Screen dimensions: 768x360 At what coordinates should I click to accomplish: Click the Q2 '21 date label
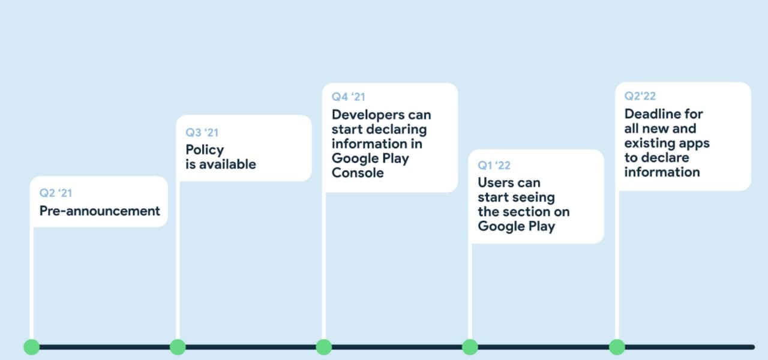56,193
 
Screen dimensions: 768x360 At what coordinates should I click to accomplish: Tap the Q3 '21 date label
202,133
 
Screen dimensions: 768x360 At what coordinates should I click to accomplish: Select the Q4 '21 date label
349,97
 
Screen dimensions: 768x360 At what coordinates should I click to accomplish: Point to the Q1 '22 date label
494,166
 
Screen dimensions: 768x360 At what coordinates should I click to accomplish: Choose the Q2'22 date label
640,96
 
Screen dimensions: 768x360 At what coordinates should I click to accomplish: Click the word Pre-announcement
100,211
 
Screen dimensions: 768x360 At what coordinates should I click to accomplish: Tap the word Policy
205,150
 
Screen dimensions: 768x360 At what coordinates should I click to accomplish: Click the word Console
358,173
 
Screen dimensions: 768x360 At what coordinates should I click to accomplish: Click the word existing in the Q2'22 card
649,143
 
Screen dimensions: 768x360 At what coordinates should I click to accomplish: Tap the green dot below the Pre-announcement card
32,347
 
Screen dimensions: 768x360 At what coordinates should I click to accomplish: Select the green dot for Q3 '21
178,347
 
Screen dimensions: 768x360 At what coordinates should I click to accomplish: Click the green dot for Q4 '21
323,347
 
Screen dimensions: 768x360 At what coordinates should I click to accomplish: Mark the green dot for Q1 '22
470,347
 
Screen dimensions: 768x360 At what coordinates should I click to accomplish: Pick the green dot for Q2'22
617,347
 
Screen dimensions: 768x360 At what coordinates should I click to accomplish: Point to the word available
227,164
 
